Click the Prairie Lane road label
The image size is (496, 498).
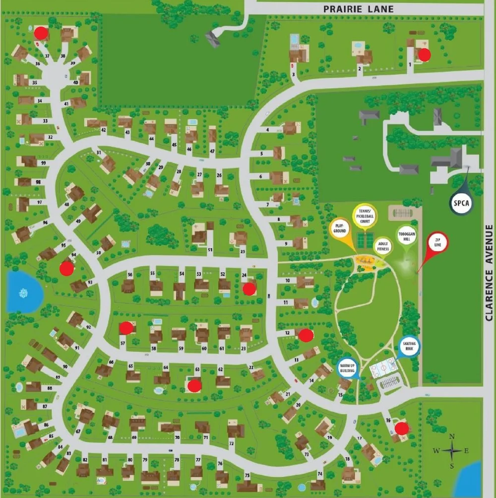click(358, 9)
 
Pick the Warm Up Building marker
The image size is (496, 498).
click(348, 368)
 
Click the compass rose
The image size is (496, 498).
click(452, 451)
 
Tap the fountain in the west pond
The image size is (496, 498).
click(23, 293)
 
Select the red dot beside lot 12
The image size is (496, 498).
click(306, 335)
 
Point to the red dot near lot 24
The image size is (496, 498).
click(249, 288)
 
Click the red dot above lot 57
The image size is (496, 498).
click(127, 328)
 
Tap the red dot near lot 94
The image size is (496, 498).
click(66, 268)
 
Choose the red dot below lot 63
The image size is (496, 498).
click(194, 385)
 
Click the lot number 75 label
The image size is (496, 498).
click(247, 476)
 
